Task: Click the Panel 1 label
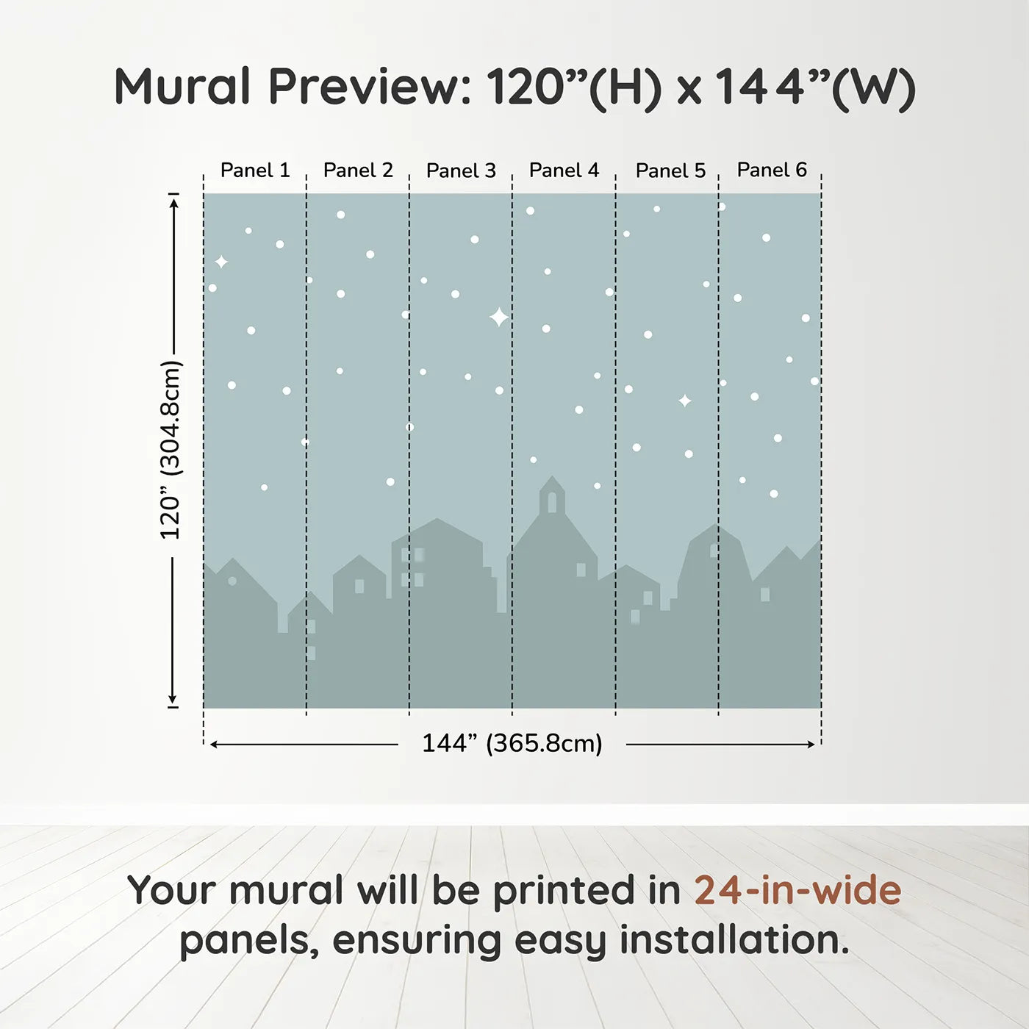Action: point(255,171)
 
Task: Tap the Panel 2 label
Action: point(358,171)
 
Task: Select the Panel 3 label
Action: point(461,171)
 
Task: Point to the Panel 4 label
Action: point(564,171)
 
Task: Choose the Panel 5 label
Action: point(670,171)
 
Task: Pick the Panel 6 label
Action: point(772,171)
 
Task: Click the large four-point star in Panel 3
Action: point(499,318)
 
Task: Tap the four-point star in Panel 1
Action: point(221,262)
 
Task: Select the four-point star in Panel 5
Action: point(684,401)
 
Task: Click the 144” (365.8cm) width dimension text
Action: point(512,744)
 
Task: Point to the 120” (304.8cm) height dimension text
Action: point(171,450)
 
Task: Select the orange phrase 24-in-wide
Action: point(797,891)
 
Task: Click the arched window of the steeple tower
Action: point(552,503)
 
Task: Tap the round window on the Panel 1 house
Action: point(232,581)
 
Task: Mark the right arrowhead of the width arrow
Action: point(811,745)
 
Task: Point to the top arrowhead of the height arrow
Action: point(173,201)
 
